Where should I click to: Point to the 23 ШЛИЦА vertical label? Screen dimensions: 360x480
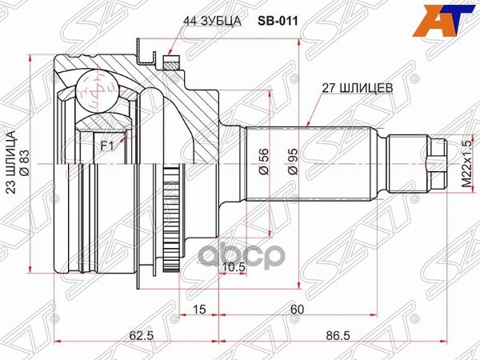coord(11,164)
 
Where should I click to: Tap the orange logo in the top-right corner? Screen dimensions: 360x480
coord(456,18)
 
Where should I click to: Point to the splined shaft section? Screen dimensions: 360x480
coord(312,164)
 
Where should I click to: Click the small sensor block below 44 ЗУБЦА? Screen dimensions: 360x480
coord(169,61)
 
